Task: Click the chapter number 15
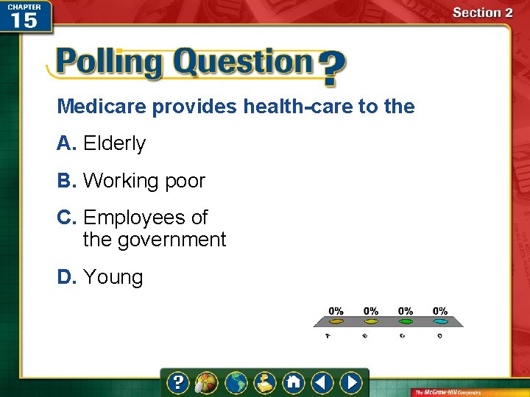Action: point(24,20)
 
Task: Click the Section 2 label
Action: point(482,12)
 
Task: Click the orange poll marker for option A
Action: point(336,321)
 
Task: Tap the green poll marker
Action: point(406,321)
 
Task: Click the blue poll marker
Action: point(440,321)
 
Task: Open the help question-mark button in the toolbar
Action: point(178,382)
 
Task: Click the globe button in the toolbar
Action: point(236,382)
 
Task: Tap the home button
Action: point(293,382)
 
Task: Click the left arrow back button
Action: point(322,382)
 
